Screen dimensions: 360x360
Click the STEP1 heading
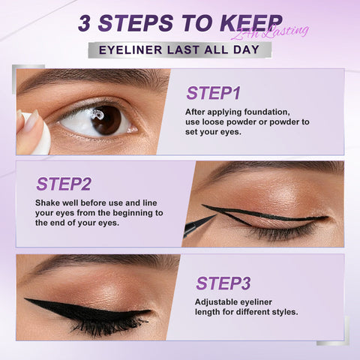tap(213, 93)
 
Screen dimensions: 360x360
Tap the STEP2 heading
tap(64, 184)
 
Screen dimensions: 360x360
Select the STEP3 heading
tap(223, 283)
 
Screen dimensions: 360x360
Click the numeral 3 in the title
tap(84, 23)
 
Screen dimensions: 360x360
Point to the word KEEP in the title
tap(251, 23)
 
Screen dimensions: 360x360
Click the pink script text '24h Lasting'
tap(270, 32)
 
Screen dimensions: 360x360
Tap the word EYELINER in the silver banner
tap(130, 49)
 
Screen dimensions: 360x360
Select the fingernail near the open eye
tap(31, 121)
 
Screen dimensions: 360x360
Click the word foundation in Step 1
tap(267, 112)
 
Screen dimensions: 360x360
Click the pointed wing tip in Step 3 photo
tap(25, 299)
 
